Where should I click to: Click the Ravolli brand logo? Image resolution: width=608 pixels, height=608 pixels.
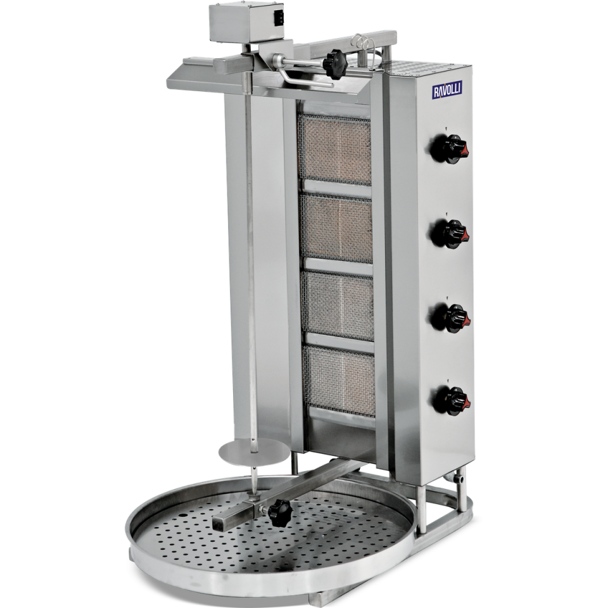pyautogui.click(x=447, y=91)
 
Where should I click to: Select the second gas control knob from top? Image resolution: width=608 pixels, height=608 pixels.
pyautogui.click(x=450, y=234)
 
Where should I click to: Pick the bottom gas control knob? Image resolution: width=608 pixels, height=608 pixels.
pyautogui.click(x=452, y=401)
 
